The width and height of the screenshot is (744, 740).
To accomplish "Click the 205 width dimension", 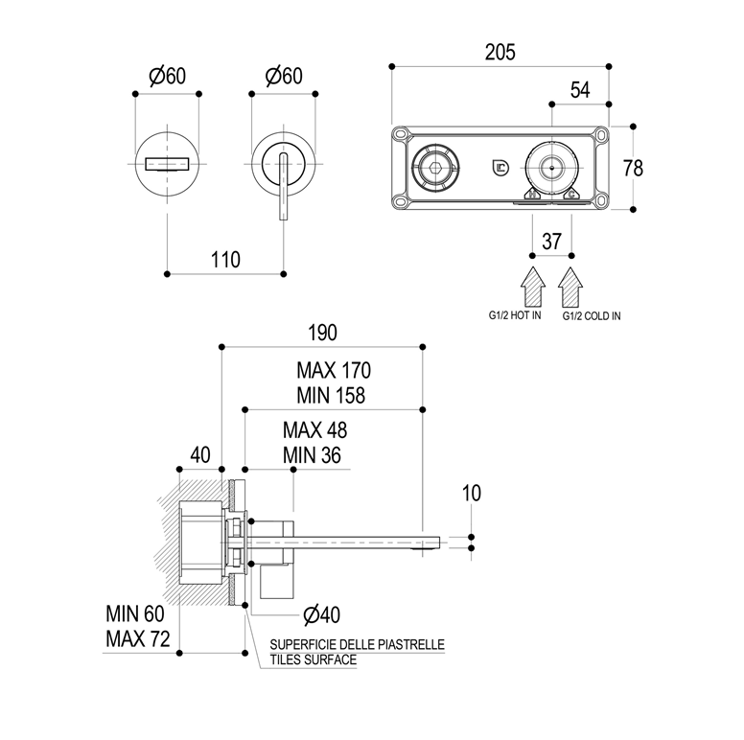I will [500, 52].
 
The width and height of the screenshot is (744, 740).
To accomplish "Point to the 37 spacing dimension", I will [552, 242].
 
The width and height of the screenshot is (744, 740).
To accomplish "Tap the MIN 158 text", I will [331, 394].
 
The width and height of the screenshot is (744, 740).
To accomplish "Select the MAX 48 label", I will [314, 432].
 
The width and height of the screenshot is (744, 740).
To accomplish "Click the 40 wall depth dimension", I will [199, 454].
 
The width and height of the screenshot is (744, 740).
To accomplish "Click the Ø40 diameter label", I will [320, 613].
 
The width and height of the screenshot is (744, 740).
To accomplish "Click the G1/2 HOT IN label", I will [515, 315].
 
